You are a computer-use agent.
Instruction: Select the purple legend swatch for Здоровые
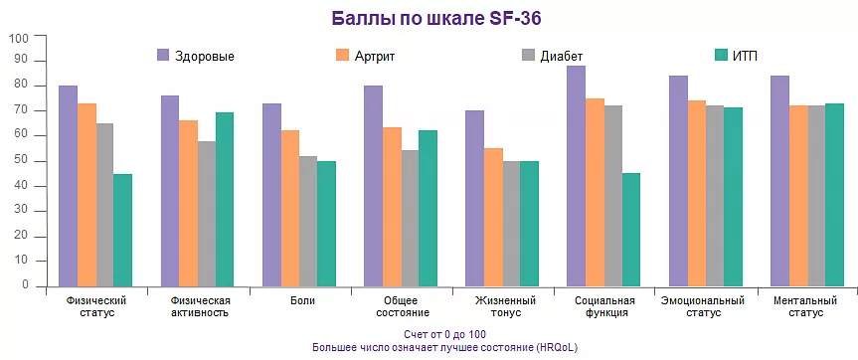(x=164, y=55)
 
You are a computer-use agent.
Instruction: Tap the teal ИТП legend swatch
(x=722, y=55)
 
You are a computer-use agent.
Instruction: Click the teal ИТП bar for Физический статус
(x=122, y=230)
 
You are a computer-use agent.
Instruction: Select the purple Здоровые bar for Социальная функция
(x=577, y=176)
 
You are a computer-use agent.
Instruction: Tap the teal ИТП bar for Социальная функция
(x=631, y=230)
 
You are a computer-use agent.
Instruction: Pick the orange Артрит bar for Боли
(x=289, y=208)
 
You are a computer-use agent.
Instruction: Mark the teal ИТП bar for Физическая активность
(x=225, y=199)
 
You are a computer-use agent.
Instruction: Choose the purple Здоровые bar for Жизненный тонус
(x=474, y=198)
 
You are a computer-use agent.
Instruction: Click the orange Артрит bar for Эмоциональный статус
(x=696, y=193)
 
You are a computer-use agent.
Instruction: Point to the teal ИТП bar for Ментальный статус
(x=834, y=194)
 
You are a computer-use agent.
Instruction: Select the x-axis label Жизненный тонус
(x=504, y=306)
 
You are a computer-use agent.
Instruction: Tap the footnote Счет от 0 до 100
(x=444, y=334)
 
